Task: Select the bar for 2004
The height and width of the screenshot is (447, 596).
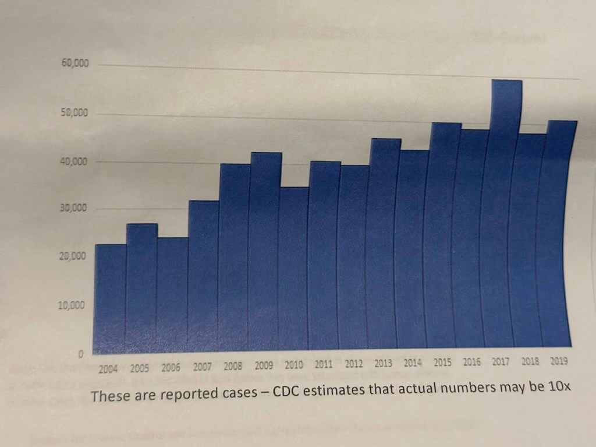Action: tap(110, 297)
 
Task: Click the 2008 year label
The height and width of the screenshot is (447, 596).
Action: tap(233, 367)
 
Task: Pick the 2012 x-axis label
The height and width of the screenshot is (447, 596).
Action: tap(353, 365)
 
